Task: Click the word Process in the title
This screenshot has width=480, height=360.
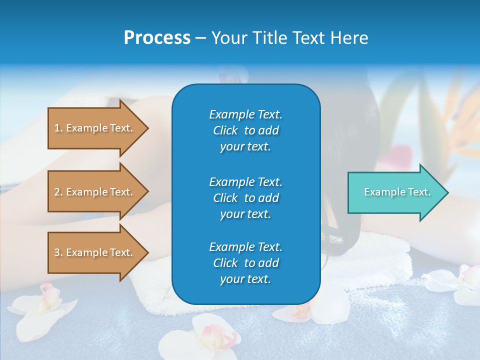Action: coord(157,38)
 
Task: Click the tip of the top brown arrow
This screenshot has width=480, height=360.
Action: coord(147,128)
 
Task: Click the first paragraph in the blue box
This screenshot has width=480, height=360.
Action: coord(245,130)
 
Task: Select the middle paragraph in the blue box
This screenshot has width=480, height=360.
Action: coord(245,198)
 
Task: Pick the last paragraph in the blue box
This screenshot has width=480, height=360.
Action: coord(245,263)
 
